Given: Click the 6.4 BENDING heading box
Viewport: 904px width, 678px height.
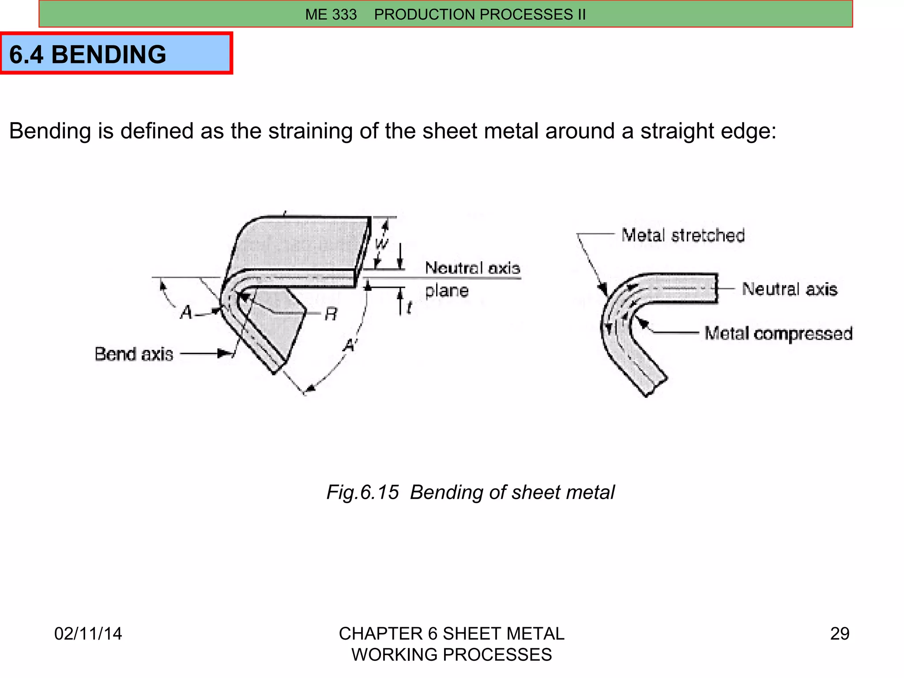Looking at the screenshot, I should (x=116, y=54).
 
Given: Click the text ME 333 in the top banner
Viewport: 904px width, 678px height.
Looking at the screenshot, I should (x=331, y=15).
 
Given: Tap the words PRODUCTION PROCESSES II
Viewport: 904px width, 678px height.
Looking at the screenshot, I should (x=480, y=15).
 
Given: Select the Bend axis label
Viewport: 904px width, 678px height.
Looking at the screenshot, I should (x=134, y=354).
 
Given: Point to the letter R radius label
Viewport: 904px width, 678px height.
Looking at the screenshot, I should (x=331, y=314).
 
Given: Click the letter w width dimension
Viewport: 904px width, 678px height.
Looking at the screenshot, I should (x=381, y=243).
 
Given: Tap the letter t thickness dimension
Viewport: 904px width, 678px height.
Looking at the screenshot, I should (x=409, y=308).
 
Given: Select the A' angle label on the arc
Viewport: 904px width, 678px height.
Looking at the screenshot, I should (x=350, y=345).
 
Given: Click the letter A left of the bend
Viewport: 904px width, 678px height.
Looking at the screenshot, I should (x=186, y=313).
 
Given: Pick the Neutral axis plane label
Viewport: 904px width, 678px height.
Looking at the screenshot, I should (x=471, y=279).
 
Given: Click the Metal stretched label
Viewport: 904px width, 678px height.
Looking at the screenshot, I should (x=683, y=235).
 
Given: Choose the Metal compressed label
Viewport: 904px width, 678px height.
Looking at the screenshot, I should (x=778, y=333).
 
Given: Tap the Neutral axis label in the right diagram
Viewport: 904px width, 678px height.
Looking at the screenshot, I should (x=789, y=289).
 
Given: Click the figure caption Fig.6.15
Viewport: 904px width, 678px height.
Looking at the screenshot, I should (x=362, y=492).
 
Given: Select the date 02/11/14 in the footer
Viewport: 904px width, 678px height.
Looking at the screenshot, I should (x=88, y=633).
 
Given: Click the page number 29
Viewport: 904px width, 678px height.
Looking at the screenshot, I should (x=840, y=633).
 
